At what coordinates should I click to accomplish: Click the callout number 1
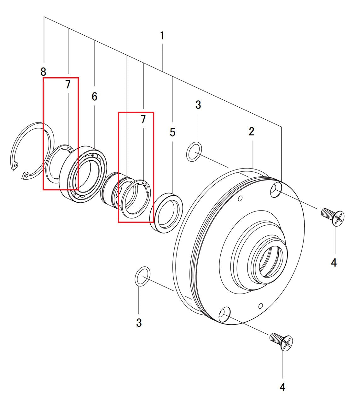(162, 35)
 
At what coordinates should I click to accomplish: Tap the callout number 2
(252, 131)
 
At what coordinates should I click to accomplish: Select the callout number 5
(172, 133)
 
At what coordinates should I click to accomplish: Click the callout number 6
(95, 97)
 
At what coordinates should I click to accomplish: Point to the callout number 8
(43, 72)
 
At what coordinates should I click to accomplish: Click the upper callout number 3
(198, 105)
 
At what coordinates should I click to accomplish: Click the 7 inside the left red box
(68, 85)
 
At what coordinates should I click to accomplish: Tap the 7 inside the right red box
(143, 119)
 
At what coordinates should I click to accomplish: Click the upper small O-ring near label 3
(194, 152)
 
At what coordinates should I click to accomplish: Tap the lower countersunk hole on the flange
(224, 314)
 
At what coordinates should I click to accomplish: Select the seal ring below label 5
(167, 213)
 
